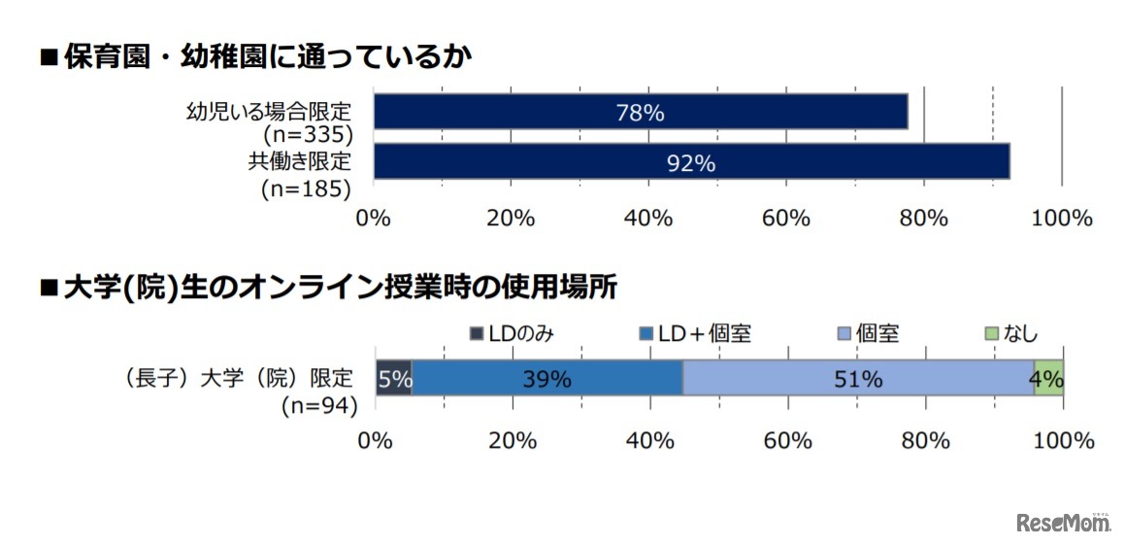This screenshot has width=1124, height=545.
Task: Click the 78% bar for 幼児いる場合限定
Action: click(x=641, y=112)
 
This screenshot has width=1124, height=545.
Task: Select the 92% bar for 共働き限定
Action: click(x=691, y=161)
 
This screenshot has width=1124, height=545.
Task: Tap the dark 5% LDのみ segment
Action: click(x=394, y=378)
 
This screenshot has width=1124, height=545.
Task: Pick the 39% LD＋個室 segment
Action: click(x=547, y=378)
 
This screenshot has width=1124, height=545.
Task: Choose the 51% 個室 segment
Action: click(x=858, y=378)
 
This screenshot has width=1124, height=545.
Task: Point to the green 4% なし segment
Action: click(x=1048, y=378)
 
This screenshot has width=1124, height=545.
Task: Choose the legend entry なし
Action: click(x=1011, y=334)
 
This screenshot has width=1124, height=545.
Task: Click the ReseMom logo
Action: click(x=1063, y=523)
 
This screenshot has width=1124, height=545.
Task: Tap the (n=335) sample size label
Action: click(x=306, y=136)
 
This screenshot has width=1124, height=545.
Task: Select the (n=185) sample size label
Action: click(x=306, y=188)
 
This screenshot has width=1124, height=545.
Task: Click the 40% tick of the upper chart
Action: click(x=648, y=218)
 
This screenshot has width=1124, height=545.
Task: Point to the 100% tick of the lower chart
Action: click(x=1063, y=440)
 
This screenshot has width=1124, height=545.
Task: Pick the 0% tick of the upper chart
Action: click(x=374, y=218)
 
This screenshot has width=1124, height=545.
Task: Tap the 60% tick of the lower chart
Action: click(x=787, y=440)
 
